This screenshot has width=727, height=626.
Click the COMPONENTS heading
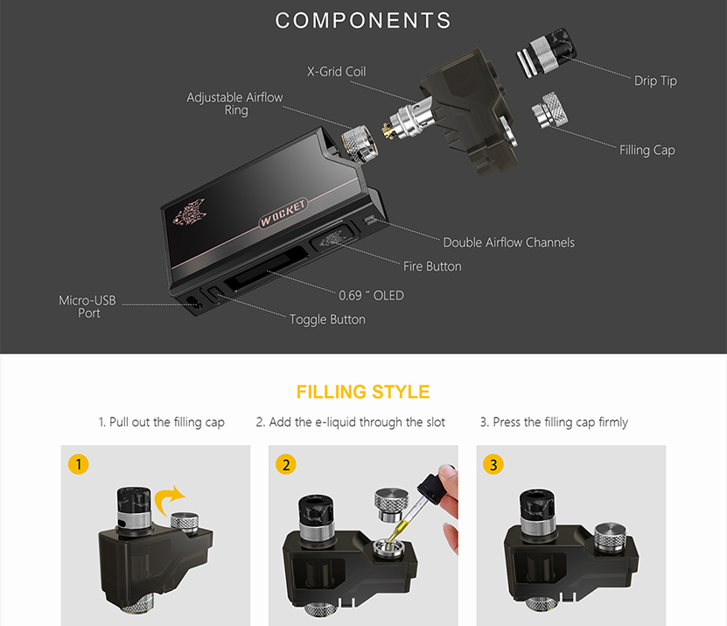(363, 20)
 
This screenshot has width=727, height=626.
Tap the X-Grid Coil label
(336, 72)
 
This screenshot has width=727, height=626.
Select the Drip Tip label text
(655, 81)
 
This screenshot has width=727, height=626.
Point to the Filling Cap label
(647, 151)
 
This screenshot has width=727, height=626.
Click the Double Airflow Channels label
(508, 243)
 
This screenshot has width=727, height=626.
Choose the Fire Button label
(432, 266)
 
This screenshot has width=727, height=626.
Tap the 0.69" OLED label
(372, 296)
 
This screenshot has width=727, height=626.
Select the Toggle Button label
(327, 320)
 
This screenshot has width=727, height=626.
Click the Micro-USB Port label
(87, 306)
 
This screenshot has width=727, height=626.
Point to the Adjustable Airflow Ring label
(234, 103)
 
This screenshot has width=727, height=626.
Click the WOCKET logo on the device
(283, 214)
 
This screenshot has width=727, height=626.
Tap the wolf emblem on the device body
(189, 212)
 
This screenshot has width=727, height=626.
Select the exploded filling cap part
(550, 110)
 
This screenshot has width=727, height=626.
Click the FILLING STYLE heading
(363, 392)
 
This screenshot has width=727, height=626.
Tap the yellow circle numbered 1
(79, 465)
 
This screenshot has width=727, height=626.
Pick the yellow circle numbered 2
(286, 465)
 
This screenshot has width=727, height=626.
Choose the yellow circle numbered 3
(493, 465)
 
